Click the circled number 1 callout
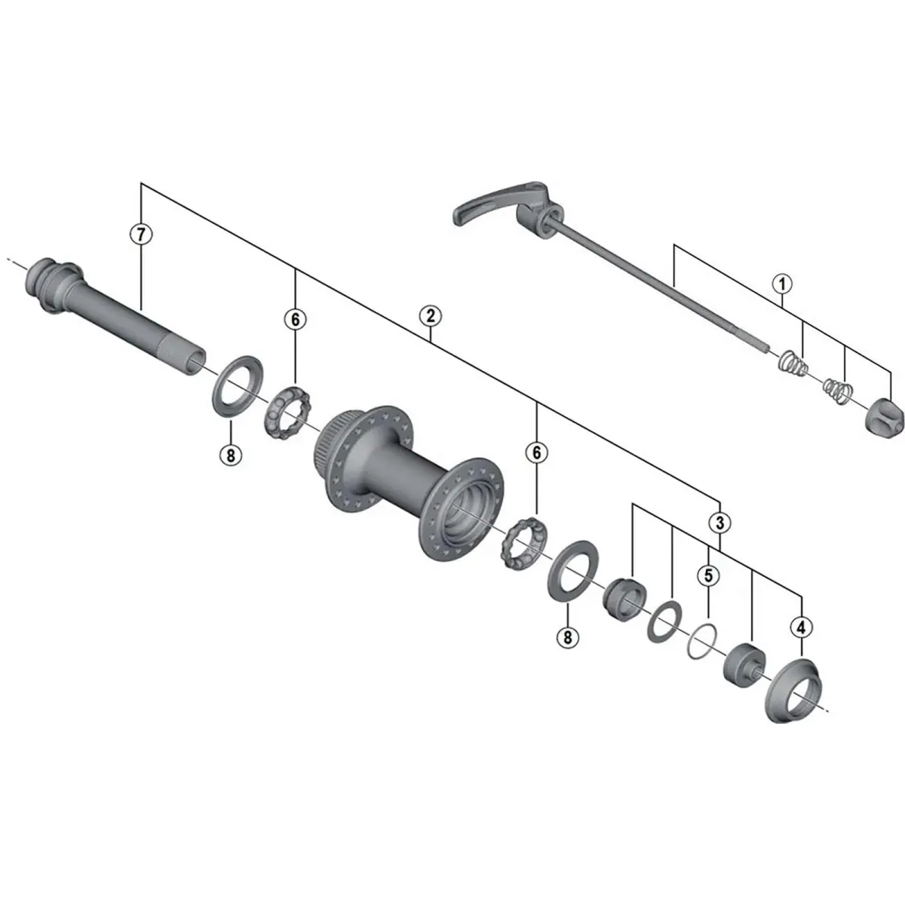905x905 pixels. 782,284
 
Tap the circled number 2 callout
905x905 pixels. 431,316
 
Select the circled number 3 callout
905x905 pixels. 720,522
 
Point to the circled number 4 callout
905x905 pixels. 801,627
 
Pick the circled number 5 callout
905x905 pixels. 708,575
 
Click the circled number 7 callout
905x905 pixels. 141,233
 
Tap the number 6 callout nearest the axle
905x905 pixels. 295,320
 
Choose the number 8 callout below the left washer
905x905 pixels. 231,455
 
